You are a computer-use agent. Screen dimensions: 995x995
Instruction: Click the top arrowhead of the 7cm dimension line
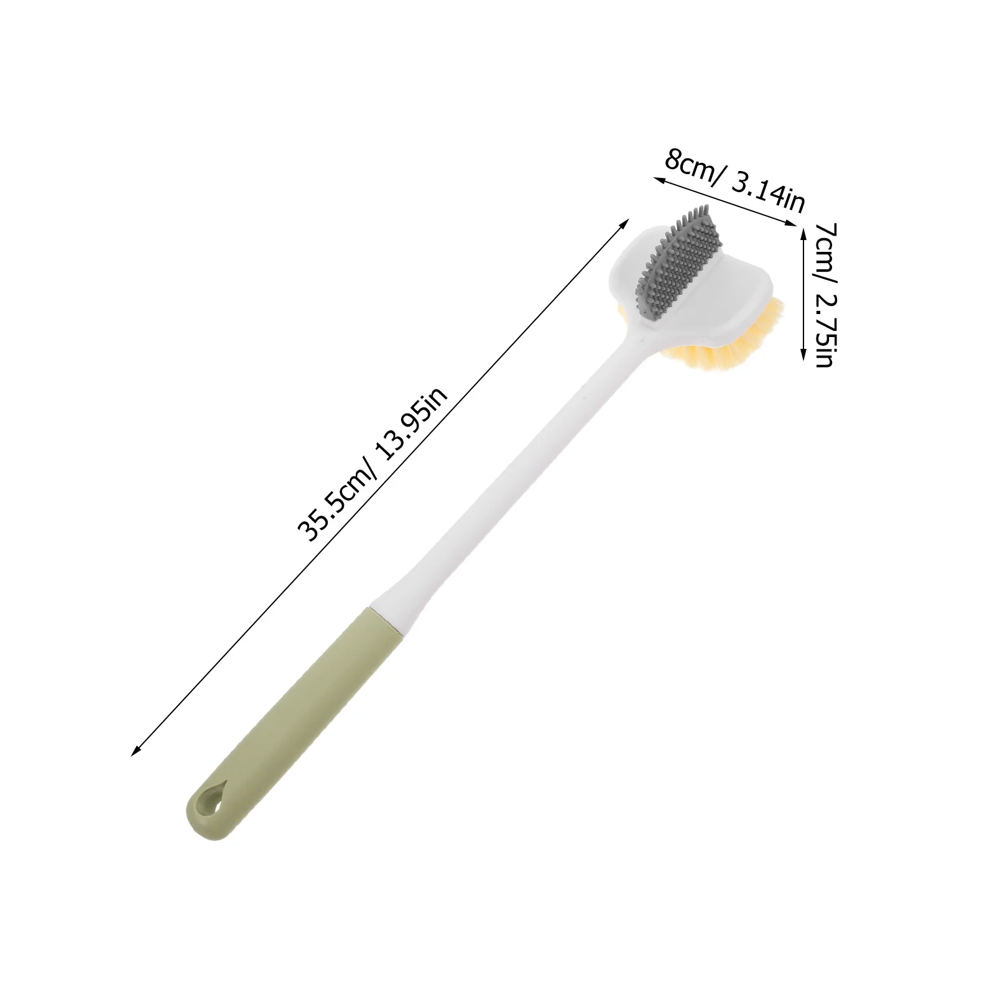(x=803, y=228)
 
